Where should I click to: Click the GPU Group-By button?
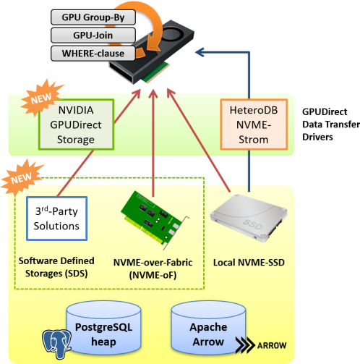coord(93,17)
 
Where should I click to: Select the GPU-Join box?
coord(93,35)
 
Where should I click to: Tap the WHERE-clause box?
coord(93,54)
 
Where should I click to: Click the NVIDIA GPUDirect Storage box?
coord(76,124)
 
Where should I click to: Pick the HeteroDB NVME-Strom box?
coord(254,124)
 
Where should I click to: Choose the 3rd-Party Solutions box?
coord(56,219)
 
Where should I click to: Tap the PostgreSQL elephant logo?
coord(57,344)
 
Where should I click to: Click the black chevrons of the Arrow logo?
coord(245,345)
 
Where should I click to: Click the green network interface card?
coord(155,220)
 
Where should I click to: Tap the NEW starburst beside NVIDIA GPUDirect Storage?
coord(41,98)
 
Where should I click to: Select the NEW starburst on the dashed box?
coord(22,177)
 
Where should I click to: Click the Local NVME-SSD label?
coord(249,263)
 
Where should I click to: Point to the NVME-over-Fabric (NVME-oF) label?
coord(153,268)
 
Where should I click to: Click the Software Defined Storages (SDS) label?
coord(56,267)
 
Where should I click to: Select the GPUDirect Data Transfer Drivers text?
coord(331,124)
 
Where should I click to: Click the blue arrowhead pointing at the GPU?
coord(200,52)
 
